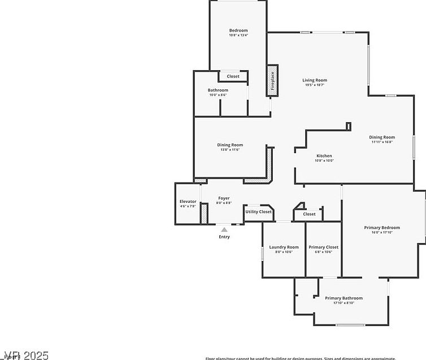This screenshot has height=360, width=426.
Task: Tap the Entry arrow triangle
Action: tap(224, 229)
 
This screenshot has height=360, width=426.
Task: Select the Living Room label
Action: tap(315, 80)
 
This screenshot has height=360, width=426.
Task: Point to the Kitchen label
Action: tap(324, 155)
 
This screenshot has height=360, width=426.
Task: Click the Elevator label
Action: tap(188, 202)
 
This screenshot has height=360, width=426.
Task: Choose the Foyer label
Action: tap(224, 198)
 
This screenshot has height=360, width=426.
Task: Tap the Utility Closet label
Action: tap(258, 211)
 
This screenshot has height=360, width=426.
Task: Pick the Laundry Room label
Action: tap(284, 247)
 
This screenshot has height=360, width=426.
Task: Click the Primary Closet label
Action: tap(324, 247)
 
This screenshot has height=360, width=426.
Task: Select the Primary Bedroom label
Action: tap(382, 228)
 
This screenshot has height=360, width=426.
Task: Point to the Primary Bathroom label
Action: tap(344, 298)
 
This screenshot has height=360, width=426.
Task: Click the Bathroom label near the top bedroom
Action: tap(218, 90)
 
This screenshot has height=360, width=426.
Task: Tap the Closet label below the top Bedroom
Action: tap(233, 76)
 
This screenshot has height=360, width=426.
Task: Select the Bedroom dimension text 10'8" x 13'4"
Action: tap(238, 35)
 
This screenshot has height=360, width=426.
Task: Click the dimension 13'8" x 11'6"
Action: tap(230, 150)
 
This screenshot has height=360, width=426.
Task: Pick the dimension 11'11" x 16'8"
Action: tap(382, 142)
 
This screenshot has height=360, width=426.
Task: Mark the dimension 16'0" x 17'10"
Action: tap(382, 232)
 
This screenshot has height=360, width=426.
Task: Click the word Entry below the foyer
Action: tap(224, 237)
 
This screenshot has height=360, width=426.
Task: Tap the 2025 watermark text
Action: tap(34, 355)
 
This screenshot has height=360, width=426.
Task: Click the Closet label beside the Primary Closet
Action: tap(309, 214)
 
